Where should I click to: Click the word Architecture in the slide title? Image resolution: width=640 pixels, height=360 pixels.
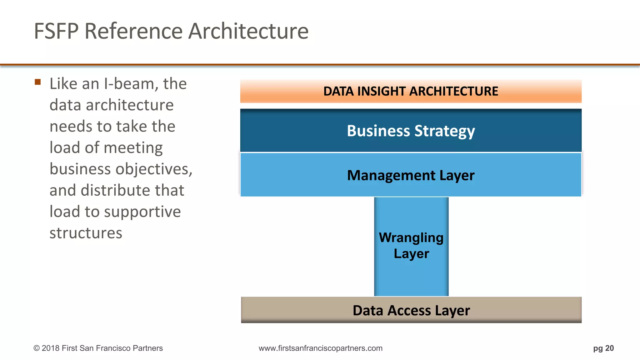point(248,31)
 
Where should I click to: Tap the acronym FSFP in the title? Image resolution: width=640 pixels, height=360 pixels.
point(56,31)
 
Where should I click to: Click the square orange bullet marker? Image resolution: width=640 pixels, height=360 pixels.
point(38,82)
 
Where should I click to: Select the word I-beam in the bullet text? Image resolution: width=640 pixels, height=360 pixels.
point(129,84)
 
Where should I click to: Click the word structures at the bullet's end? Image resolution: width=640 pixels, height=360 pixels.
point(86,233)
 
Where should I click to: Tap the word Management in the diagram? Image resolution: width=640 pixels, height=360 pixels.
point(391,175)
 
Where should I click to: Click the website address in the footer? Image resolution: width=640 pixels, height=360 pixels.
point(320,348)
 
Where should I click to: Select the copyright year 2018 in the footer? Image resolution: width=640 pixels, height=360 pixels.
point(51,348)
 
